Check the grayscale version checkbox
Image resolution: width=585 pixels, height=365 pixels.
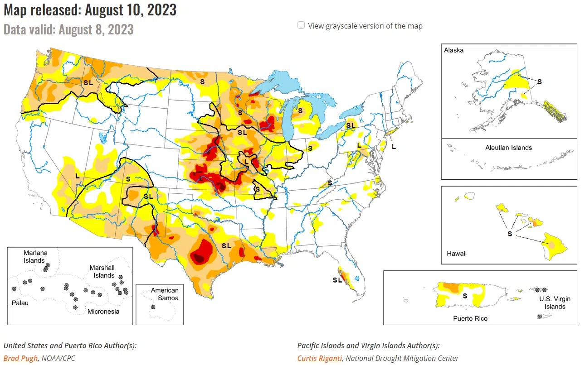(x=301, y=25)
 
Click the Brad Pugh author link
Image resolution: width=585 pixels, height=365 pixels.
(x=21, y=358)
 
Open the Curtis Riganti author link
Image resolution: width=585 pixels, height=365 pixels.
(x=320, y=358)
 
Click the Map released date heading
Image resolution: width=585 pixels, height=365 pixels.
(x=90, y=10)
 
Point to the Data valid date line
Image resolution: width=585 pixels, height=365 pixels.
(x=68, y=29)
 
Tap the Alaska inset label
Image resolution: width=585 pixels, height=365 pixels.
(x=454, y=50)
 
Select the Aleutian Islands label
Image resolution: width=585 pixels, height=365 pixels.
(x=508, y=148)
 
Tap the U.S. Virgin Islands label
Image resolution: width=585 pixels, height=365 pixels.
(x=555, y=303)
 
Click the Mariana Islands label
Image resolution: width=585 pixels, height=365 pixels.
(x=35, y=256)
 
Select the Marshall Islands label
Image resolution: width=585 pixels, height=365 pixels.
(x=102, y=271)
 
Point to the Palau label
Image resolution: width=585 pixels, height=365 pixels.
(x=20, y=303)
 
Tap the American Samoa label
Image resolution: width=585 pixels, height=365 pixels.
(x=165, y=294)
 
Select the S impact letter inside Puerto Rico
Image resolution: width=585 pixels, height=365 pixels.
(x=464, y=296)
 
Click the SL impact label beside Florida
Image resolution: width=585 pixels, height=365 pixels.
(x=337, y=280)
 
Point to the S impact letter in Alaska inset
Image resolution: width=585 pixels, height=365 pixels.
(x=540, y=82)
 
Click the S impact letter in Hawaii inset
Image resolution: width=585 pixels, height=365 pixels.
(x=510, y=234)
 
